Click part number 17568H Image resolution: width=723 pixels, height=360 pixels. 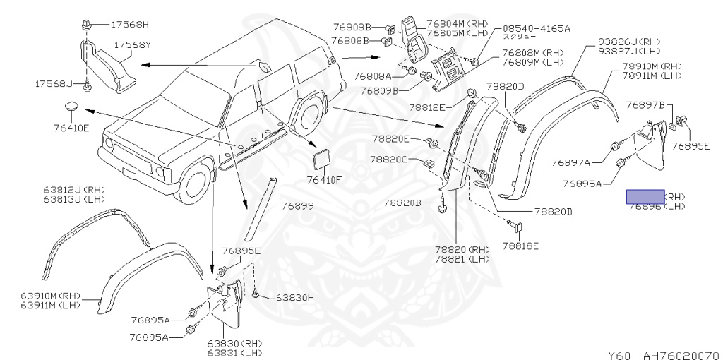[x=130, y=24]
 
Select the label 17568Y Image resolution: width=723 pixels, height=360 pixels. [x=133, y=44]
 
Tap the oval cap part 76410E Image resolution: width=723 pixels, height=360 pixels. [x=69, y=108]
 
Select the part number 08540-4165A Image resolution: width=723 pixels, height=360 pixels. [x=536, y=28]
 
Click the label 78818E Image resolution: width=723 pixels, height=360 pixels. [x=520, y=246]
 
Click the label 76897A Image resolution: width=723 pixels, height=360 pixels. [x=587, y=162]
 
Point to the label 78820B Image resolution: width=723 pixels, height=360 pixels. [x=402, y=203]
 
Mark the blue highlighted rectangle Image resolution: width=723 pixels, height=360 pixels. [x=645, y=196]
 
